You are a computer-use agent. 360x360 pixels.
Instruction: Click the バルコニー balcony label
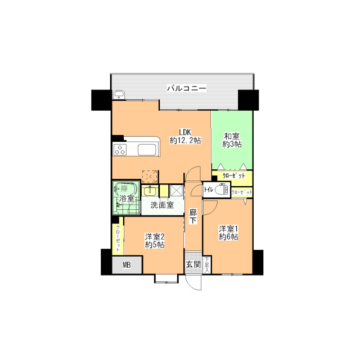coord(186,88)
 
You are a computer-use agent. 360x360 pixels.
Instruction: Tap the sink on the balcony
coord(119,94)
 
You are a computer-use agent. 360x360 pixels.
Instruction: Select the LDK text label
coord(185,132)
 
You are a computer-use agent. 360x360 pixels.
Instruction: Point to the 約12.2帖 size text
coord(185,140)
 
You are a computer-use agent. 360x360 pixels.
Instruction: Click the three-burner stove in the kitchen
coord(120,150)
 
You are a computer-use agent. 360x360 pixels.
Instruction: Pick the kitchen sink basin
coord(147,150)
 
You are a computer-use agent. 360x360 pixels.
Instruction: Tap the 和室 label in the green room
coord(232,136)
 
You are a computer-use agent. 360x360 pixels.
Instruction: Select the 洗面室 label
coord(162,205)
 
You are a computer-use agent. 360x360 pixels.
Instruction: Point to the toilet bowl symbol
coord(221,189)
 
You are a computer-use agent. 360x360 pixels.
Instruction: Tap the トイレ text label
coord(209,190)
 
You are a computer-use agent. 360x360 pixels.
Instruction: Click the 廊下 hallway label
coord(193,216)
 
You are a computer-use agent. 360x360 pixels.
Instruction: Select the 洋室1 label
coord(228,229)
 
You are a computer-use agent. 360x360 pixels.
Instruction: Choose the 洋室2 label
coord(155,236)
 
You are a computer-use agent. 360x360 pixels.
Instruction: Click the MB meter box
coord(127,265)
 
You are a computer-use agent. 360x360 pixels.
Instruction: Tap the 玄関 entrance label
coord(193,264)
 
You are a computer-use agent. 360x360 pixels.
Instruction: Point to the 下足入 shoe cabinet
coord(206,265)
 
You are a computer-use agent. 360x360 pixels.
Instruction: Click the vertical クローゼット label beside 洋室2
coord(118,238)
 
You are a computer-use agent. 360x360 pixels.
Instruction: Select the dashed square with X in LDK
coord(150,176)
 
